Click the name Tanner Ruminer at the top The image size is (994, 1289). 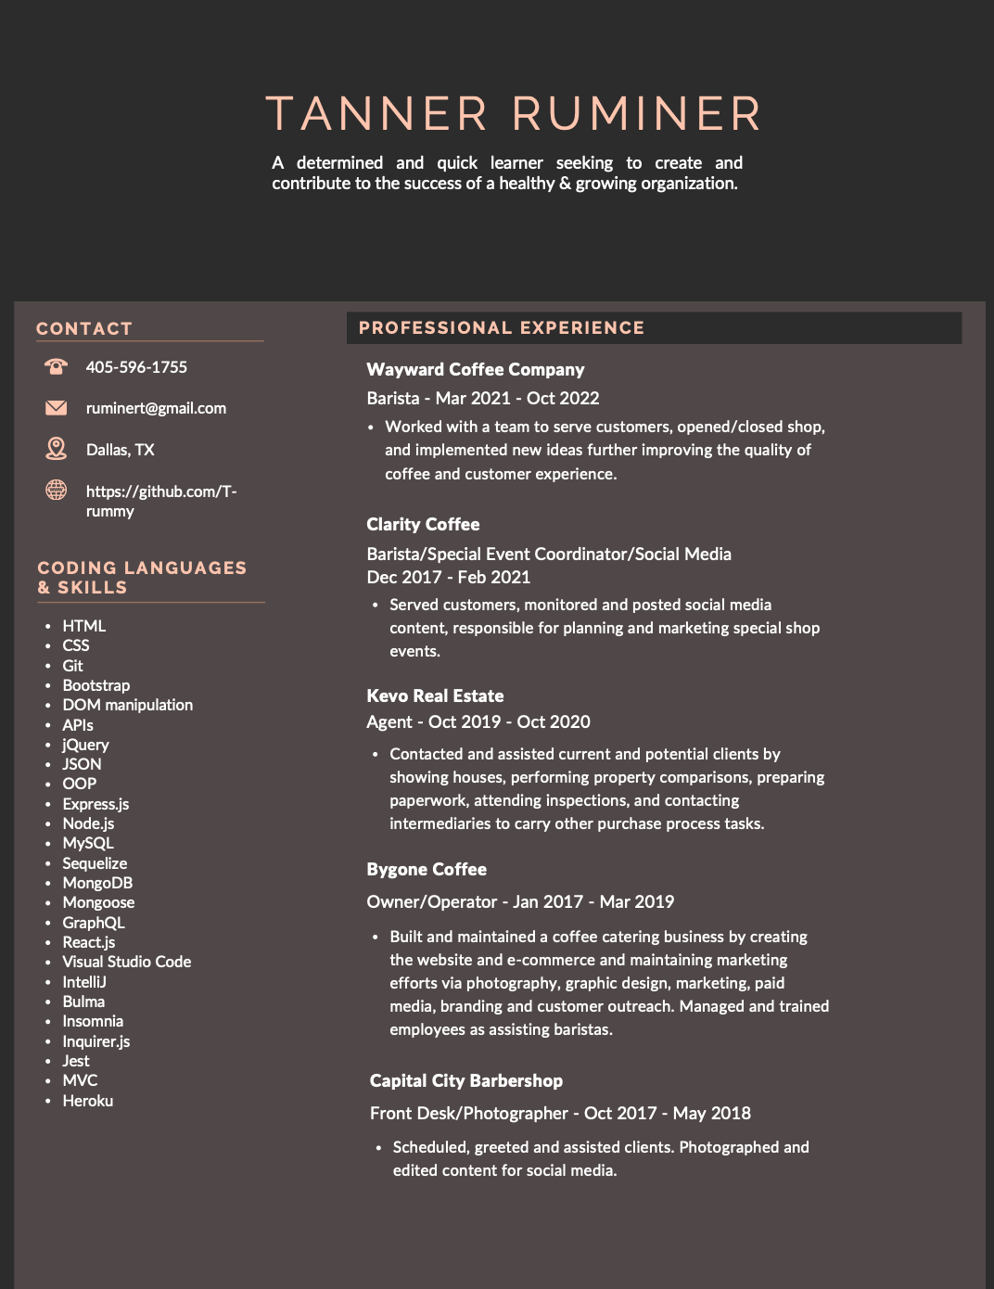pyautogui.click(x=513, y=114)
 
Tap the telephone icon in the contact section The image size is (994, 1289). pyautogui.click(x=56, y=367)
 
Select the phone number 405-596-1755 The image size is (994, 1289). pyautogui.click(x=136, y=367)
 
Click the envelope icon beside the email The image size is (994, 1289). pyautogui.click(x=56, y=408)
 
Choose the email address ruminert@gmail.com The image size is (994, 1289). pyautogui.click(x=156, y=408)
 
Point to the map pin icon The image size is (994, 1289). pyautogui.click(x=56, y=449)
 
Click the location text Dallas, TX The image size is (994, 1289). pyautogui.click(x=121, y=450)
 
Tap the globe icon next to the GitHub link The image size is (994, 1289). pyautogui.click(x=56, y=490)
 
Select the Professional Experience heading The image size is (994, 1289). pyautogui.click(x=502, y=328)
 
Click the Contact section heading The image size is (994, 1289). pyautogui.click(x=84, y=329)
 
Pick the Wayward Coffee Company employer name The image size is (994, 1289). pyautogui.click(x=476, y=369)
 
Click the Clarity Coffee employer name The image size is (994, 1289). pyautogui.click(x=423, y=524)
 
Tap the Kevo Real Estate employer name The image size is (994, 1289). pyautogui.click(x=435, y=696)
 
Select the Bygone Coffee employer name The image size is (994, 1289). pyautogui.click(x=427, y=869)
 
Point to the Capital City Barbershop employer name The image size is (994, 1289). pyautogui.click(x=466, y=1080)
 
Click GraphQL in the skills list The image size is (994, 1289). pyautogui.click(x=94, y=923)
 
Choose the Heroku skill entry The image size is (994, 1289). pyautogui.click(x=88, y=1101)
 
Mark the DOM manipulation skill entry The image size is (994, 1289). pyautogui.click(x=128, y=705)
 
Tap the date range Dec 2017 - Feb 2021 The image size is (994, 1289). pyautogui.click(x=449, y=577)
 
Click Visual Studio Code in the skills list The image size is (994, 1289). pyautogui.click(x=127, y=962)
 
